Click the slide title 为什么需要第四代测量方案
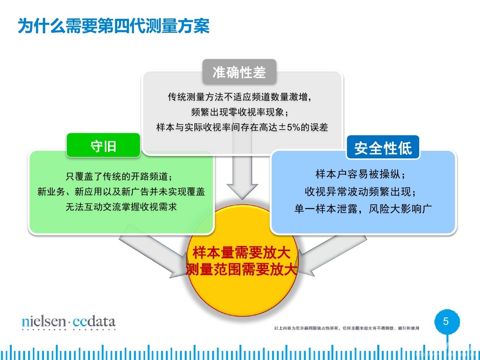(x=114, y=26)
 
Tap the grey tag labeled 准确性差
(x=239, y=72)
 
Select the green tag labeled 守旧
(x=103, y=146)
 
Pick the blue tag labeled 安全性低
(x=383, y=148)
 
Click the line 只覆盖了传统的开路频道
(x=121, y=176)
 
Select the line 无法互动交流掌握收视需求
(x=121, y=207)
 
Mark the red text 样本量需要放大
(x=241, y=253)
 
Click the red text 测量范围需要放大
(x=241, y=269)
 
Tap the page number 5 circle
(x=447, y=322)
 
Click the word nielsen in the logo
(x=43, y=322)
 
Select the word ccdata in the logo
(x=94, y=322)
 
